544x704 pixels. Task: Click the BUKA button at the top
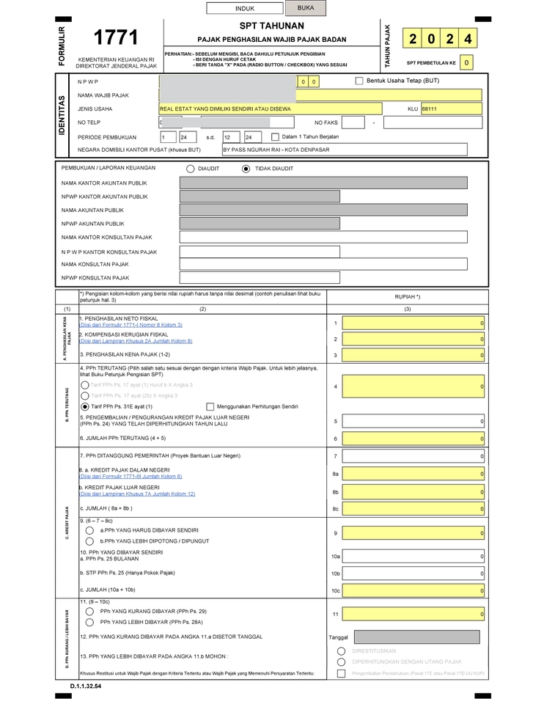pos(306,8)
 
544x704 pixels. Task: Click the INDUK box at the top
pos(245,9)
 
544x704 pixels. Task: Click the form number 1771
pos(117,38)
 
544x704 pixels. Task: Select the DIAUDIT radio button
pos(191,169)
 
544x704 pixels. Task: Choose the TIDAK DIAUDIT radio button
pos(246,169)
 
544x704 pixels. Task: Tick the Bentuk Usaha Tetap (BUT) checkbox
pos(359,81)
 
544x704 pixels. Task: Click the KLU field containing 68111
pos(451,109)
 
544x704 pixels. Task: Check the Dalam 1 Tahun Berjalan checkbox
pos(275,137)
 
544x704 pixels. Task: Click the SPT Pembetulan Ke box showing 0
pos(467,63)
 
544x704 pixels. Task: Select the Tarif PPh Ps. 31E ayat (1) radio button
pos(85,406)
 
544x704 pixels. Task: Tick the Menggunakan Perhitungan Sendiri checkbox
pos(210,406)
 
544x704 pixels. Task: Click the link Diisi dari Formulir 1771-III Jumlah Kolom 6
pos(131,476)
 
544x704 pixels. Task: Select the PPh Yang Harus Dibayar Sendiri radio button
pos(89,530)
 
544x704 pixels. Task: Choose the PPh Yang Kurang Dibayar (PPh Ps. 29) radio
pos(89,611)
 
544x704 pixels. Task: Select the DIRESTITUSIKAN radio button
pos(341,651)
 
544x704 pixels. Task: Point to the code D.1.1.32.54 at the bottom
pos(86,686)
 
